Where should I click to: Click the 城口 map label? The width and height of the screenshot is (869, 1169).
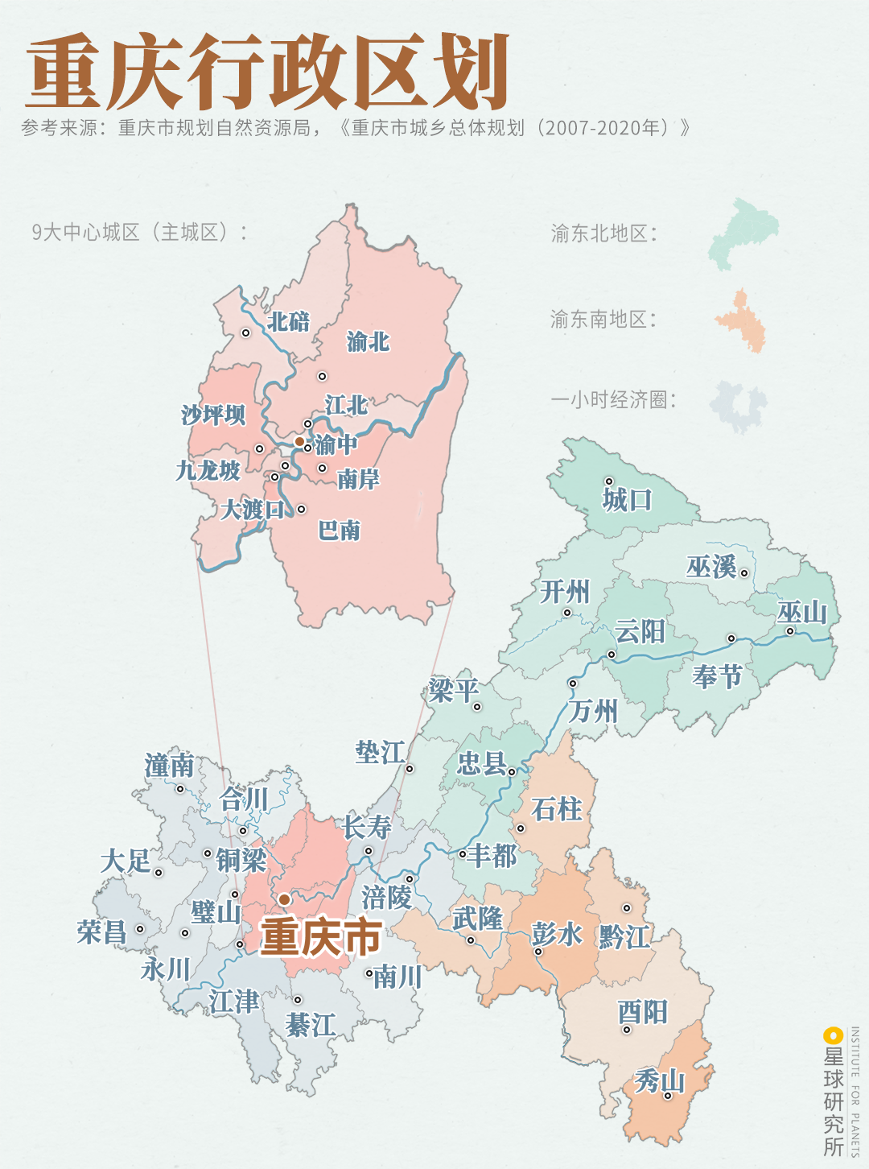(627, 500)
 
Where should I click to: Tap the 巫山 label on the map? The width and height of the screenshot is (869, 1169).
(801, 613)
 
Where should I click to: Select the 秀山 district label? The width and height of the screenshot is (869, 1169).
(659, 1080)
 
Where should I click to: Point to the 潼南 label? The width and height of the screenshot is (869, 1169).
(169, 766)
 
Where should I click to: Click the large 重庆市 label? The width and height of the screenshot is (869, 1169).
(321, 937)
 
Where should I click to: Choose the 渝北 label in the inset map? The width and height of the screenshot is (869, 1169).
(368, 342)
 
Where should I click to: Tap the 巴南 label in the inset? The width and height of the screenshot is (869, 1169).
(339, 531)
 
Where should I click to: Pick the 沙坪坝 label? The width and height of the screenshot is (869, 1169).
(213, 415)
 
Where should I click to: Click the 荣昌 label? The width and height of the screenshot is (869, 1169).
(101, 932)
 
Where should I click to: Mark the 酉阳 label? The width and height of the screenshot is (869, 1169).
(642, 1012)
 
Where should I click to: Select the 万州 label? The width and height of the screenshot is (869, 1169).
(593, 711)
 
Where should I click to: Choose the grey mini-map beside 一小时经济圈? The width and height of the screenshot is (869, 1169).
(739, 406)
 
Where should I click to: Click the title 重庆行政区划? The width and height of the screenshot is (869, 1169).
(268, 72)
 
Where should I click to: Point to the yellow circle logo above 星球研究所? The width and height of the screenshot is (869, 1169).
(832, 1035)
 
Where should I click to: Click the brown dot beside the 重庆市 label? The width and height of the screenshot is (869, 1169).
(284, 899)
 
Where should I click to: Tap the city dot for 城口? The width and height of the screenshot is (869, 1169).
(609, 481)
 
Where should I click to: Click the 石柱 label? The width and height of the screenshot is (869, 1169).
(556, 809)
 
